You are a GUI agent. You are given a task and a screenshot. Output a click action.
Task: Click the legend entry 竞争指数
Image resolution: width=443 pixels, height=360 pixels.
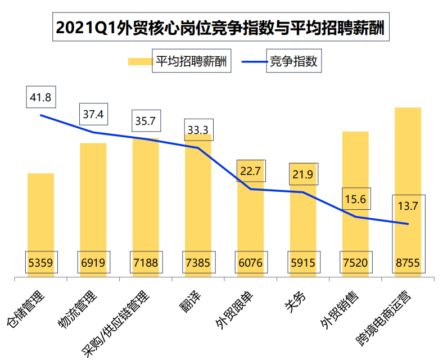click(x=293, y=62)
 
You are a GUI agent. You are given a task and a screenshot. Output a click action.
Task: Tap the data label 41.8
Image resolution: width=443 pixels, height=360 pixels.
click(x=40, y=97)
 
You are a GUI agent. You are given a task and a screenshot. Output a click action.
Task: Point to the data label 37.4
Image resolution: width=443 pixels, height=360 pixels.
click(x=93, y=115)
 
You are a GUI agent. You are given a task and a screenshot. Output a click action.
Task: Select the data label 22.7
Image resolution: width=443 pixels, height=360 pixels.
click(x=250, y=171)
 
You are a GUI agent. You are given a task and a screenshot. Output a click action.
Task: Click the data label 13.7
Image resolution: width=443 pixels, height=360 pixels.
click(x=408, y=206)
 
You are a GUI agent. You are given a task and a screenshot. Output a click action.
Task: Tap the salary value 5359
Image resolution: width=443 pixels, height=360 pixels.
click(x=40, y=262)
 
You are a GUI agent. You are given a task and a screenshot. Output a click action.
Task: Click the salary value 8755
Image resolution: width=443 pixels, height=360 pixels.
click(x=408, y=262)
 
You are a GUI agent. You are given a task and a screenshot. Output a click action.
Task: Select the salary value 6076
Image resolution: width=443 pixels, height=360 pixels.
click(x=250, y=262)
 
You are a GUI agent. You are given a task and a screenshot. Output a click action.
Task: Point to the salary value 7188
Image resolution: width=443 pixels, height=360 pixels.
click(x=145, y=262)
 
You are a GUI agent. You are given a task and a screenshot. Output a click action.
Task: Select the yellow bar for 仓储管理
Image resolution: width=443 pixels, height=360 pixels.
click(x=40, y=214)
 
